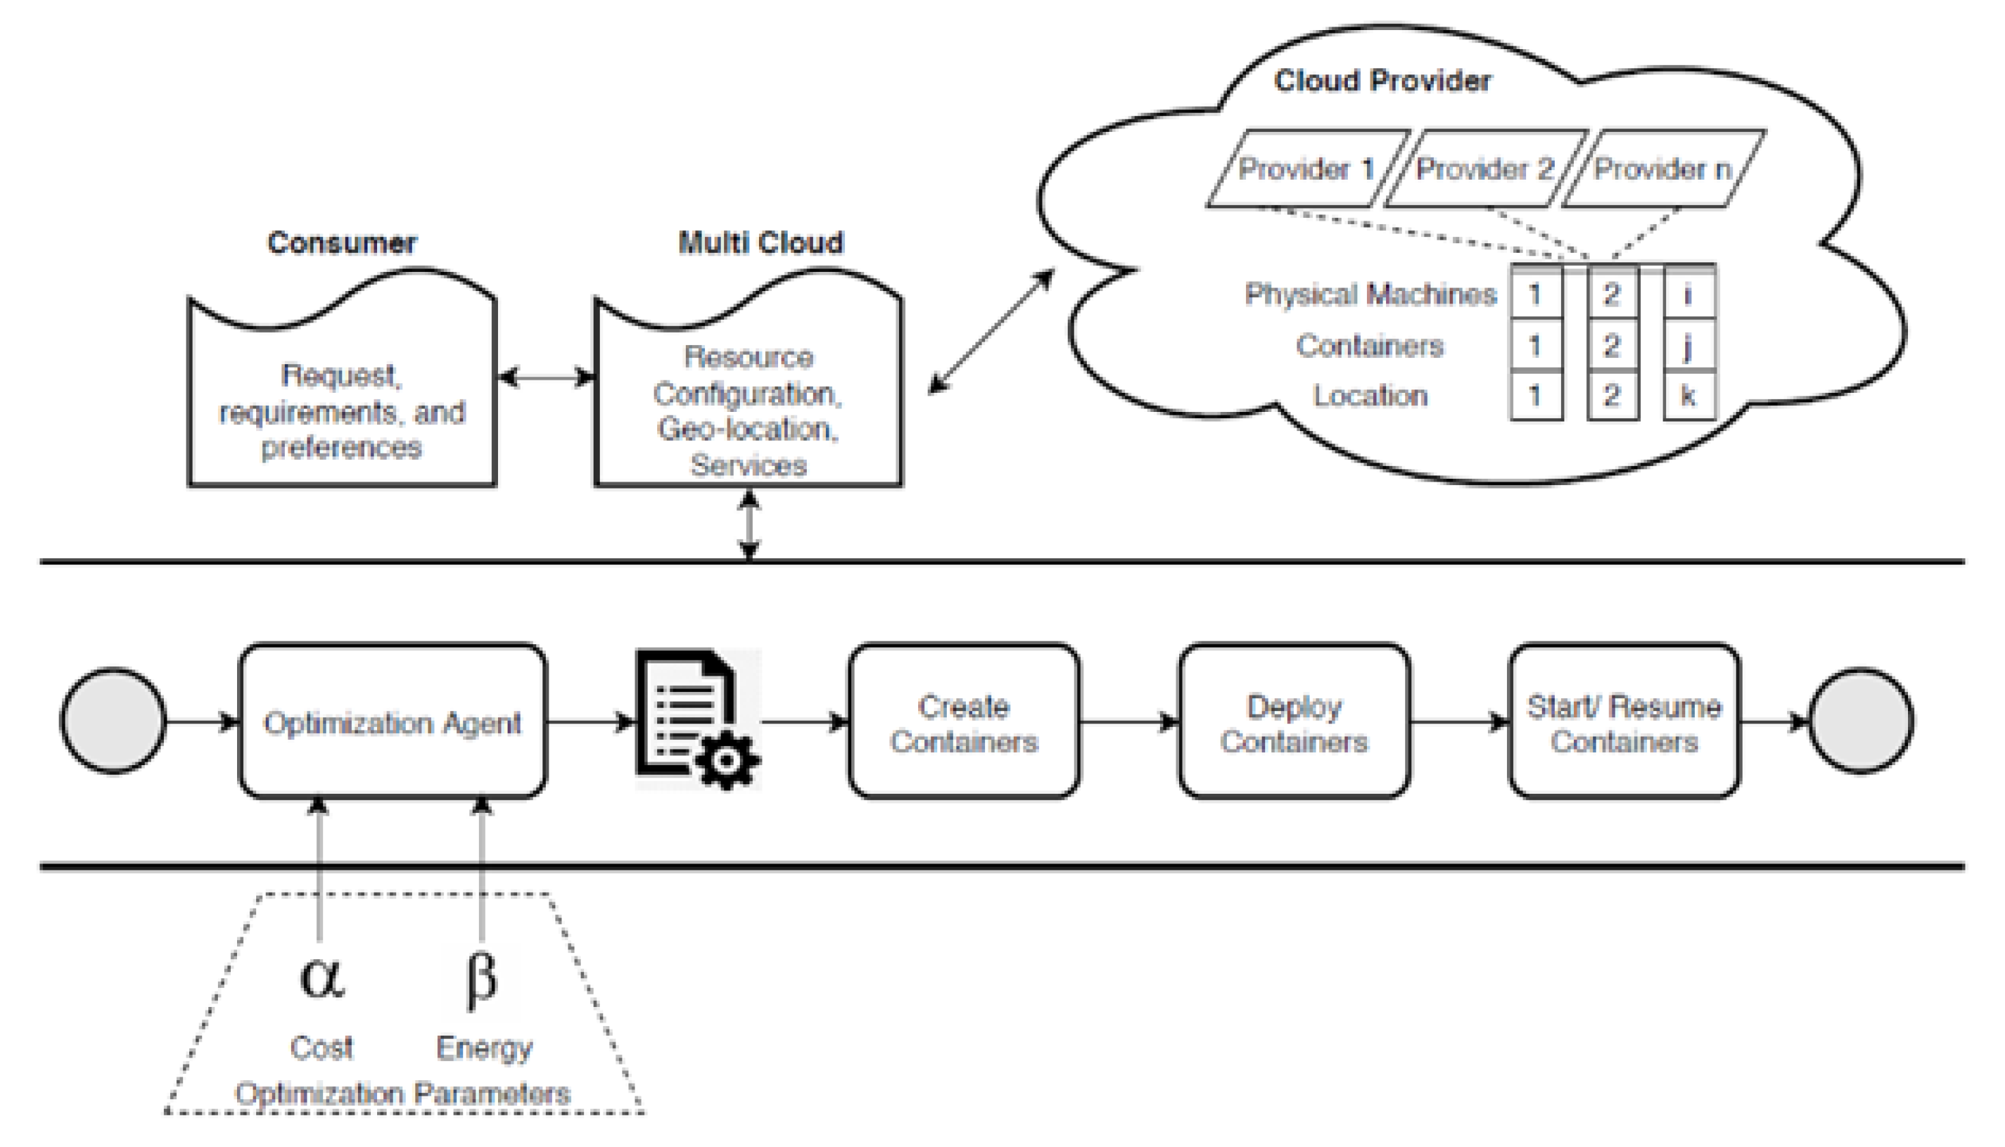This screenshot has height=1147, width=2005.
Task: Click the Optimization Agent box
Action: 392,721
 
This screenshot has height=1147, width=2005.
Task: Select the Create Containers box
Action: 964,721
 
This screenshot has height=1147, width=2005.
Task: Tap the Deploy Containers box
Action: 1294,721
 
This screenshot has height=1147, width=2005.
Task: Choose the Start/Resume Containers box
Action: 1624,721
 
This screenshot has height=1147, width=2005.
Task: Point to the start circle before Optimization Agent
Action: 113,721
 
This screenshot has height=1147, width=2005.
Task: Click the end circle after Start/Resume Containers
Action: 1861,721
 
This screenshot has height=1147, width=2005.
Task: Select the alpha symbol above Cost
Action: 321,977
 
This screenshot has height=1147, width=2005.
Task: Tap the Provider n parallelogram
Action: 1663,169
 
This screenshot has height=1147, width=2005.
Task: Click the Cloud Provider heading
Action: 1382,81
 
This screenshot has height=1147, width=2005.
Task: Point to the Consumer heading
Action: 342,243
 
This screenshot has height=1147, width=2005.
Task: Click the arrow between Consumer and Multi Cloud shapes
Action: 547,377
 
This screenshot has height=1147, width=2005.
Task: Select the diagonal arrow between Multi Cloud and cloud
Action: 991,331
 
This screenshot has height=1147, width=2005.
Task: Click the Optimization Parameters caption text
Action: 402,1094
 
